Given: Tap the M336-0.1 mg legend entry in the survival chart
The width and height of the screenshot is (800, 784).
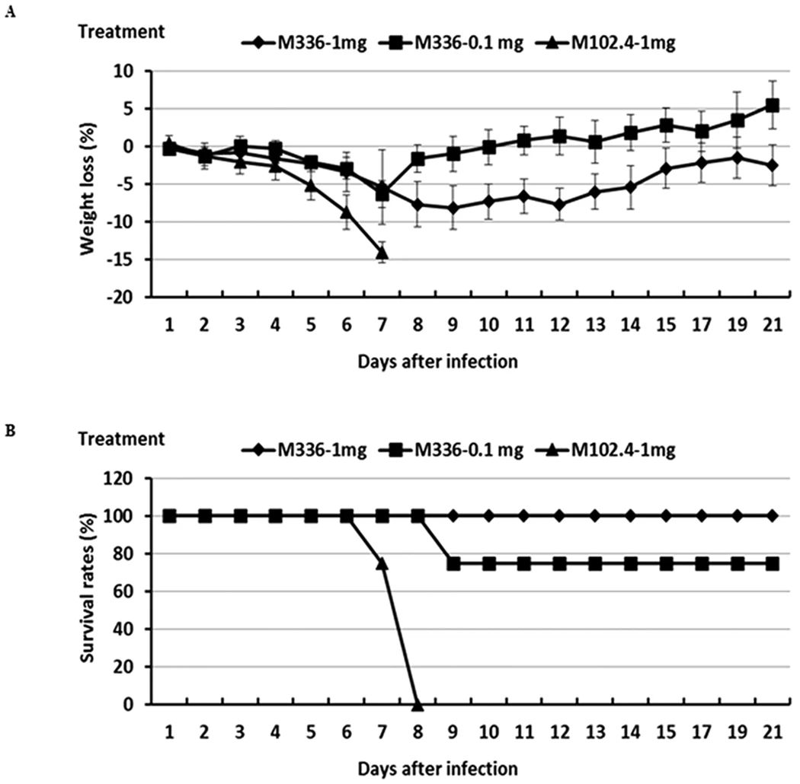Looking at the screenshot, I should (x=457, y=451).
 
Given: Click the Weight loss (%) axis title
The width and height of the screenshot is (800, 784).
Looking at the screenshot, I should (x=98, y=183).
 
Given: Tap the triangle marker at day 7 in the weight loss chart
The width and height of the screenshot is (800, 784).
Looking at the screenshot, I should (x=382, y=253).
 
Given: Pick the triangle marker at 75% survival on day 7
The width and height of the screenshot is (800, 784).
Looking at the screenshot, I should (x=382, y=563).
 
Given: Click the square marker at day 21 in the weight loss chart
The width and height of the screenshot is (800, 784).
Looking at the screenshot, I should (x=772, y=105).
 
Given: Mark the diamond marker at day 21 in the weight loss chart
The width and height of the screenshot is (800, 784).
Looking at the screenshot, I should (x=772, y=165).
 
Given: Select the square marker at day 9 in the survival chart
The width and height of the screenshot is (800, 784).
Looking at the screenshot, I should (x=453, y=564).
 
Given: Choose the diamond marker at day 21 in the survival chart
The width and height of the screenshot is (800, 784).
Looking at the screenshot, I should (x=772, y=516).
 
